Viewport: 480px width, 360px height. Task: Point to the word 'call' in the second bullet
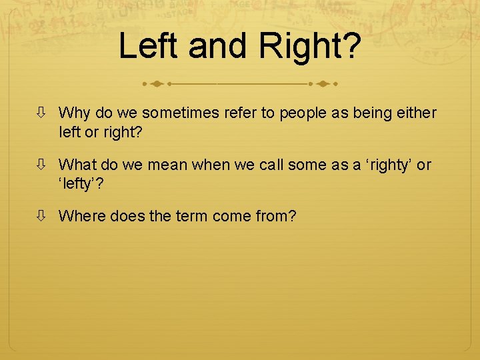click(x=275, y=165)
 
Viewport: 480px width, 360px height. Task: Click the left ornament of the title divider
click(x=156, y=85)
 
